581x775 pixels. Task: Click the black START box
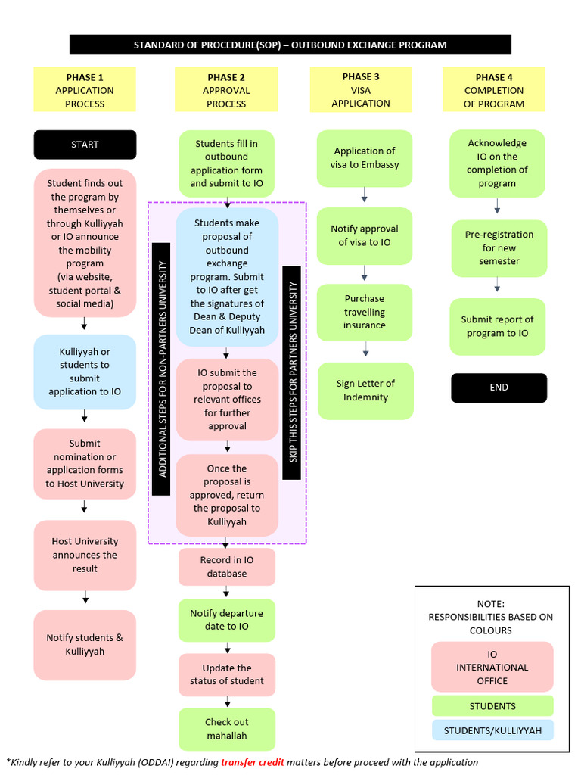[85, 145]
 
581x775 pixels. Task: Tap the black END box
[499, 387]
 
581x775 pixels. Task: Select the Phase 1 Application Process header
[85, 90]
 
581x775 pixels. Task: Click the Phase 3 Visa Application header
[361, 90]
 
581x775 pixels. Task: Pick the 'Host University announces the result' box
[85, 555]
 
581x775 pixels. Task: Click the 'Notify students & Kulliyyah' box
[85, 645]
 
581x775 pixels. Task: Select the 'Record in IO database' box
[227, 567]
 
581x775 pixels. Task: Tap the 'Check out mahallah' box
[227, 729]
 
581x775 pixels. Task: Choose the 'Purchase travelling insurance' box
[365, 312]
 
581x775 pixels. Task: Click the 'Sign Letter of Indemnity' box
[365, 391]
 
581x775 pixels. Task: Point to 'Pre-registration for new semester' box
[499, 247]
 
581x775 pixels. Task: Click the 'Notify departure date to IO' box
[227, 620]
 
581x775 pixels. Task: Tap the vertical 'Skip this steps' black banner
[291, 372]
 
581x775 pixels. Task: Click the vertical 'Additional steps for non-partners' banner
[161, 369]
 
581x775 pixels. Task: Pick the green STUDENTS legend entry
[492, 706]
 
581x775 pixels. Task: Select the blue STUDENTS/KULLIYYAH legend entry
[492, 730]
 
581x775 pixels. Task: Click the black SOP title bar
[290, 45]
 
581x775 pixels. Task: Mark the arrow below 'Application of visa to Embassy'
[365, 197]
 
